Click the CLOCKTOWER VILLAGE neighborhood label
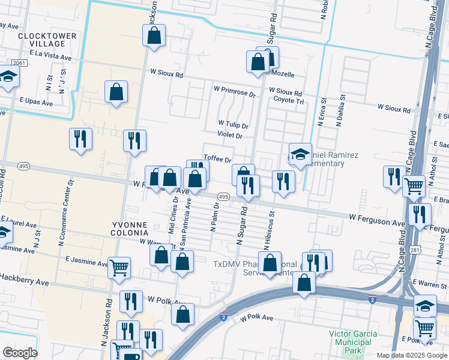point(47,40)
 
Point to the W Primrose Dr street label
point(235,91)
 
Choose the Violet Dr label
point(230,136)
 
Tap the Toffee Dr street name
point(217,160)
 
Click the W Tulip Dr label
point(233,125)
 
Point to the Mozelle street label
point(283,75)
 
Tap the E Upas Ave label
point(35,103)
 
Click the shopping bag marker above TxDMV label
point(270,262)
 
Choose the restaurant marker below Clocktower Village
point(80,139)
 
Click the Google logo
point(20,353)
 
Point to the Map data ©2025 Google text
point(411,355)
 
